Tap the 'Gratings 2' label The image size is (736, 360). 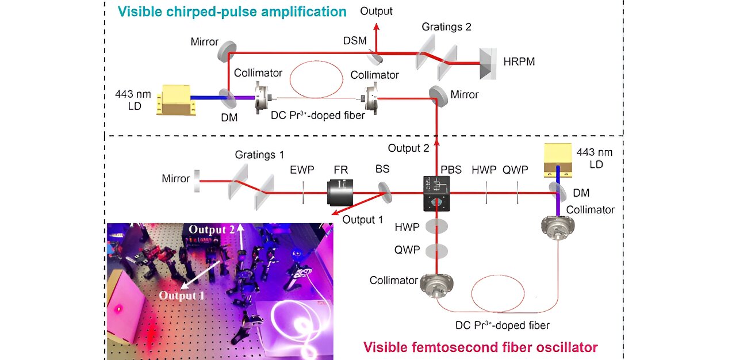click(447, 27)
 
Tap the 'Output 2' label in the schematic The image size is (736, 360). click(408, 148)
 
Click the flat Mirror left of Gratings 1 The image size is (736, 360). click(197, 179)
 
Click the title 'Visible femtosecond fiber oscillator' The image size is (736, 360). click(480, 347)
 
